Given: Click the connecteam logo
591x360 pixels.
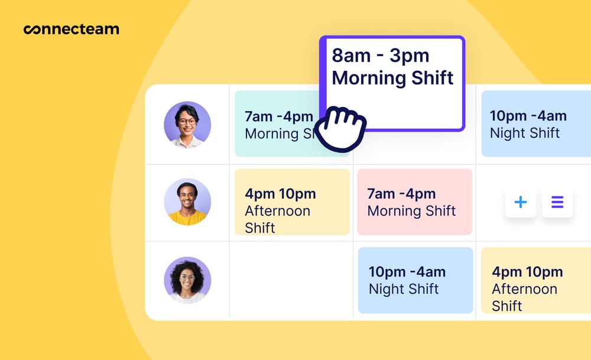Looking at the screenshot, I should tap(71, 29).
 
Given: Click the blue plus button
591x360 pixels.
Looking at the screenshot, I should tap(520, 203).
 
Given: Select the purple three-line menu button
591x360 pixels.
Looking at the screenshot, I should tap(557, 203).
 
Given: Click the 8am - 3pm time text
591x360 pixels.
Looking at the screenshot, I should tap(380, 56).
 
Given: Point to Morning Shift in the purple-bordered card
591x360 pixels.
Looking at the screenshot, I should tap(392, 78).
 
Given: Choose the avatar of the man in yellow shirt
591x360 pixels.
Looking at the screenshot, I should tap(187, 202).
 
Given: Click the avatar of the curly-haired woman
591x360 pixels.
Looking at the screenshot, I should tap(187, 280).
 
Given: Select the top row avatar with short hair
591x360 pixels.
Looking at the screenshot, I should tap(187, 125).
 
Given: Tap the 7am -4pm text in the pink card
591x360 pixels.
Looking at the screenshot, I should tap(401, 193).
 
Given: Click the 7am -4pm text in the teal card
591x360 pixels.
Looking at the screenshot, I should tap(278, 116).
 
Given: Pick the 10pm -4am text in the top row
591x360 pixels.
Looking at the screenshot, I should tap(528, 116).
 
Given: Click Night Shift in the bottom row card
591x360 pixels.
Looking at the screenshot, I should tap(404, 289).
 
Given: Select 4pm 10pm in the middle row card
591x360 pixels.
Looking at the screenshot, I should tap(280, 193).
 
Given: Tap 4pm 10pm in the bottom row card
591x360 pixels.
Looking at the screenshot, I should tap(527, 272).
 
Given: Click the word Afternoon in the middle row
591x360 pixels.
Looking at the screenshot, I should tap(277, 211).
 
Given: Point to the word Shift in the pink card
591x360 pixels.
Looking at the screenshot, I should tap(436, 211).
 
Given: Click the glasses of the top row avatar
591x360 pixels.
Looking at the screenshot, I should tap(187, 122).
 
